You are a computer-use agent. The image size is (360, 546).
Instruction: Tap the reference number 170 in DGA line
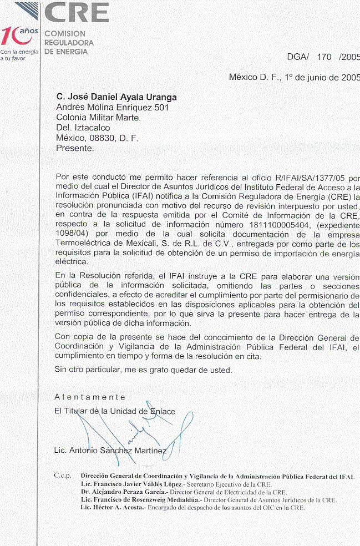[324, 57]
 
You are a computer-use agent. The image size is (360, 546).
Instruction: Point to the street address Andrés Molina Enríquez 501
[113, 107]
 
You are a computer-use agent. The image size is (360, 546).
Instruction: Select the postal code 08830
[100, 138]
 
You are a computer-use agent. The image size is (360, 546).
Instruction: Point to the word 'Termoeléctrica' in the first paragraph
[83, 244]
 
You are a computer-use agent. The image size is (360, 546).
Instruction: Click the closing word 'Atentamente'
[90, 397]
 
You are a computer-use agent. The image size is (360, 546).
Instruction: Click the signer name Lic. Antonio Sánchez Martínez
[110, 450]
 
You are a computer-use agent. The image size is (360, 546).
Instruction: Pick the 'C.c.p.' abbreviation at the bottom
[63, 476]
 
